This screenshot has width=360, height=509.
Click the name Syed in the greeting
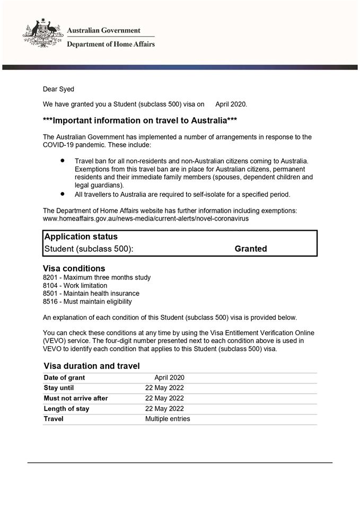tap(66, 89)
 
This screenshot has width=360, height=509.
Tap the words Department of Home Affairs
tap(111, 45)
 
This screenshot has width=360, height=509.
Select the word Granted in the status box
tap(251, 249)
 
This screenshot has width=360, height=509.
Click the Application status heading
tap(81, 236)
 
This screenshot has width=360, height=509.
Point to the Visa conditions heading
tap(74, 268)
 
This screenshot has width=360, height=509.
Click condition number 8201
tap(50, 277)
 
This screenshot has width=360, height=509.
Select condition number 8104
tap(50, 285)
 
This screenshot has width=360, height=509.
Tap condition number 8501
tap(50, 293)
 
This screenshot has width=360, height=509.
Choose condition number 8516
tap(50, 302)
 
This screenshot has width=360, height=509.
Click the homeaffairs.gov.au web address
tap(146, 218)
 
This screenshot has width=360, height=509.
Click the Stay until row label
tap(59, 388)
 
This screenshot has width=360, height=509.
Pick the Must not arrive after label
tap(76, 398)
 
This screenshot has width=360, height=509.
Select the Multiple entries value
tap(168, 419)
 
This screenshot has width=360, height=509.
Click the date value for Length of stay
tap(164, 409)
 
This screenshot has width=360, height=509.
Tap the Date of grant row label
tap(64, 378)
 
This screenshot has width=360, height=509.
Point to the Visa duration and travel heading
tap(92, 366)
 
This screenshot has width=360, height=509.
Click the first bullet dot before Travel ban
tap(63, 160)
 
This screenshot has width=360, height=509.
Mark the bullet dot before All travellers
tap(63, 194)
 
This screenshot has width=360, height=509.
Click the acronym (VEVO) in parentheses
tap(56, 340)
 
